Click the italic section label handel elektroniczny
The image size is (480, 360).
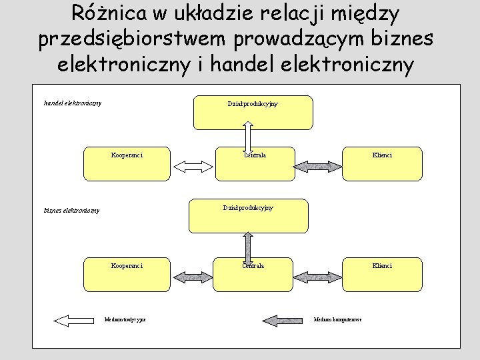coord(73,103)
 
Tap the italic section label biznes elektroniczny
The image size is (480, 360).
coord(71,211)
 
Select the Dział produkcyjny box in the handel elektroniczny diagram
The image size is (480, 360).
coord(253,112)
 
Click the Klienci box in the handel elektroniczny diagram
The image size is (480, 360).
coord(382,163)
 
